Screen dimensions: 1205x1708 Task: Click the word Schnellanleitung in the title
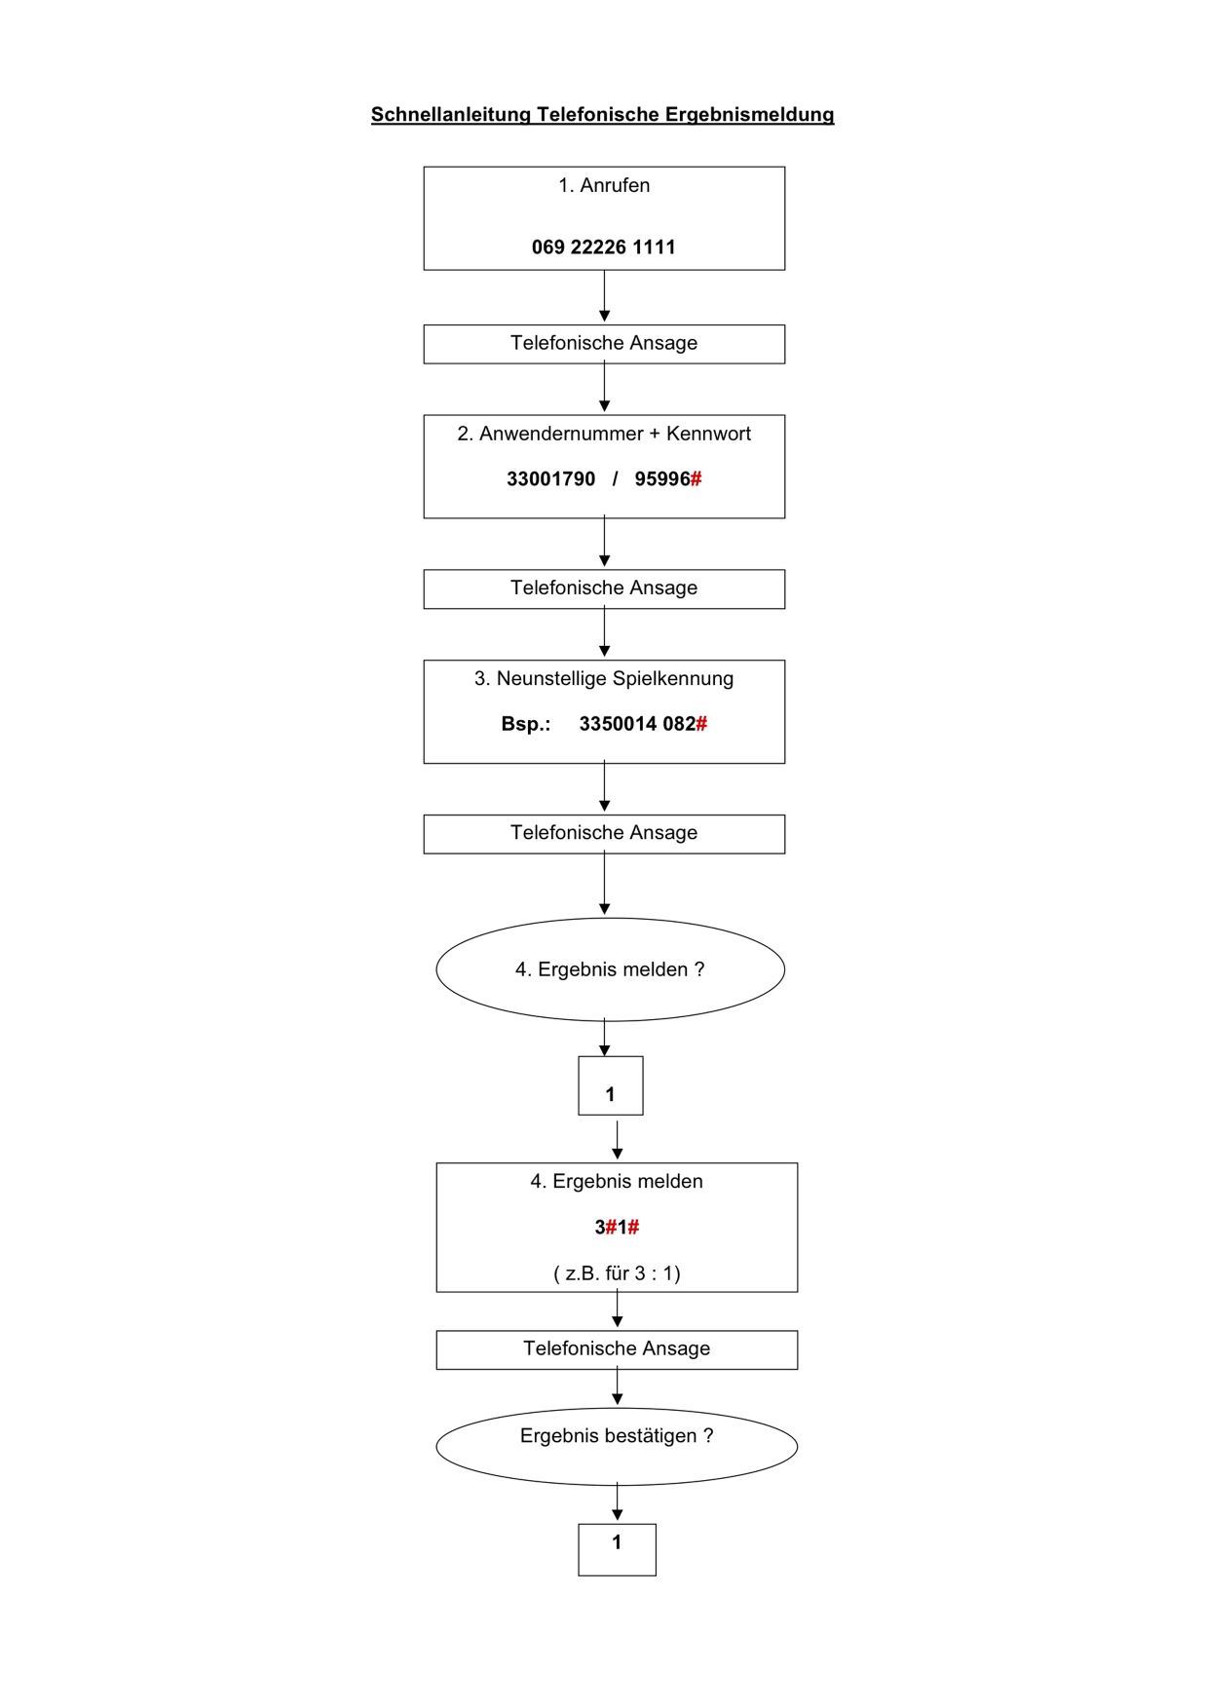tap(451, 115)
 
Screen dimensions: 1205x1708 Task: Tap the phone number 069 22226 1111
tap(604, 247)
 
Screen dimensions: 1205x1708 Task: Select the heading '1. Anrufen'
tap(604, 185)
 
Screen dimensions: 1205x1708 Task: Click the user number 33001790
tap(550, 479)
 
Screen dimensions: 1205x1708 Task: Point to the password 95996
tap(662, 479)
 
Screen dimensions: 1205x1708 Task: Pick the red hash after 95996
tap(697, 479)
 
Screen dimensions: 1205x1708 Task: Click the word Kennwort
tap(708, 434)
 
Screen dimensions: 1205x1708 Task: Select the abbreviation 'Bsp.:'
tap(526, 724)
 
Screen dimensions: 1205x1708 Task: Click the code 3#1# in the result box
tap(618, 1228)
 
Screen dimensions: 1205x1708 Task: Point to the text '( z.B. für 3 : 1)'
tap(617, 1273)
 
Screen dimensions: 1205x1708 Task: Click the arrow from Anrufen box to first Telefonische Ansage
tap(604, 296)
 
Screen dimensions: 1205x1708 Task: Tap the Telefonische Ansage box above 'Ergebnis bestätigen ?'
tap(617, 1349)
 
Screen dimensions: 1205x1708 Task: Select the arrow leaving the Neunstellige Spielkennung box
tap(604, 787)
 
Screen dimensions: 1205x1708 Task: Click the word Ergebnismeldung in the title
tap(750, 115)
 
